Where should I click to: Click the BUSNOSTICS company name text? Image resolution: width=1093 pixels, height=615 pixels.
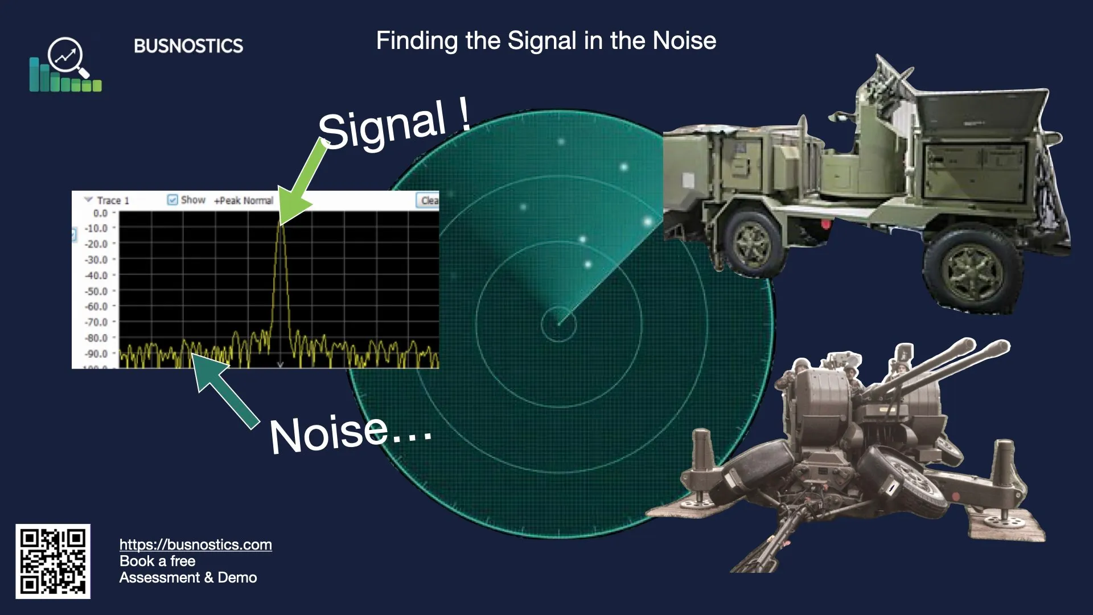(x=188, y=46)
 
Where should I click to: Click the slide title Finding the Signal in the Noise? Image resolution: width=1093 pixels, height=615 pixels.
(x=546, y=40)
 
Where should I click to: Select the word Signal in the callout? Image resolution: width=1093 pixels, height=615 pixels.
(x=381, y=125)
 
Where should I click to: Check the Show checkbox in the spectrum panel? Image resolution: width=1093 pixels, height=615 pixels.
(x=172, y=200)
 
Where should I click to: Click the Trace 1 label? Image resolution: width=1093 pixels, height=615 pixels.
(x=113, y=200)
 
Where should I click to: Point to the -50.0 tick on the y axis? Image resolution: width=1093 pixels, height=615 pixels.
(x=96, y=291)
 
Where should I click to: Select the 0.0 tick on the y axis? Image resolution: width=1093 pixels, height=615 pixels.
(x=100, y=213)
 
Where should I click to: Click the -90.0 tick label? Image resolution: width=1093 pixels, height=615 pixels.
(x=96, y=354)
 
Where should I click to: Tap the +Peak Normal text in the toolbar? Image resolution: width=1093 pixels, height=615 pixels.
(x=244, y=200)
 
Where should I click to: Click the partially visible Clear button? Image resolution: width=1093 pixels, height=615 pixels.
(x=429, y=200)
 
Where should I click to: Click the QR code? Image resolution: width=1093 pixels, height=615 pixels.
(x=53, y=561)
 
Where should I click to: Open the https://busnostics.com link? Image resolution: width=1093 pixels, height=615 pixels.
(x=195, y=544)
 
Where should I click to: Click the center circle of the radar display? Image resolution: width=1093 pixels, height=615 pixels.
(x=558, y=325)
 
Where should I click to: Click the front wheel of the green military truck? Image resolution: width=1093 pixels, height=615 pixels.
(x=971, y=271)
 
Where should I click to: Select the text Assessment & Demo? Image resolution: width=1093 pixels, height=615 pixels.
(x=188, y=577)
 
